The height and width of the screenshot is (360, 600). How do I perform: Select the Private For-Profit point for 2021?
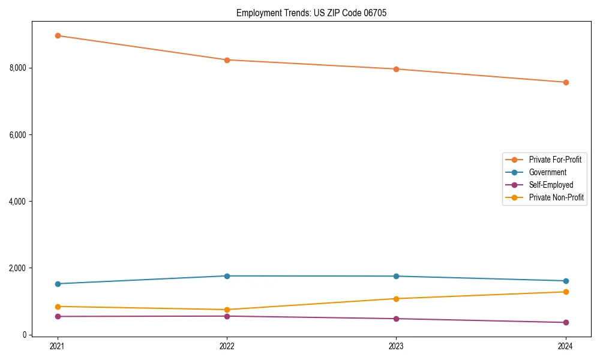58,35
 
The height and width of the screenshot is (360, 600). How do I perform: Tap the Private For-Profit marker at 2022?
227,60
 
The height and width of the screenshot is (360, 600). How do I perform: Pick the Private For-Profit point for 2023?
396,69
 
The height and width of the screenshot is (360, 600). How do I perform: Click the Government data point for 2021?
58,284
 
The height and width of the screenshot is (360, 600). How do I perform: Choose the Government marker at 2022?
227,276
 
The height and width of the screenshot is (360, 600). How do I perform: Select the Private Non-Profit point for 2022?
227,310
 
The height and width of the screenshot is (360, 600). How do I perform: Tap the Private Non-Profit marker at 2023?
396,299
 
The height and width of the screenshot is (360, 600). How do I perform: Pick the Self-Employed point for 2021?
58,316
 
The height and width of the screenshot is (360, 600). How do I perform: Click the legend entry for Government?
547,172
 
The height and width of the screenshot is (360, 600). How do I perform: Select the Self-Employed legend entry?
551,185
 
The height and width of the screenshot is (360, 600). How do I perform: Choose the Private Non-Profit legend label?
556,197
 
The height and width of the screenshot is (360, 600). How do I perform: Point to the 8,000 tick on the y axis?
18,68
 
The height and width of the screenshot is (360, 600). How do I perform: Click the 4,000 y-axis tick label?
18,202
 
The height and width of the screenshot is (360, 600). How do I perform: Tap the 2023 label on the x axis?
396,346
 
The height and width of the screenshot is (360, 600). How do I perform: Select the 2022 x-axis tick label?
227,346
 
